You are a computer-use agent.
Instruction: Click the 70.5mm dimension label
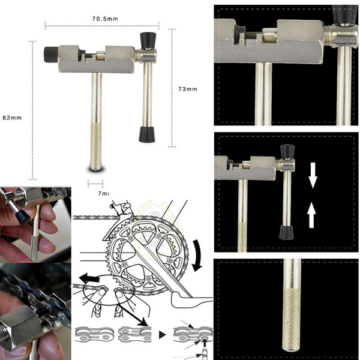click(x=104, y=19)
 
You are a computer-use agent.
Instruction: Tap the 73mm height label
click(x=187, y=89)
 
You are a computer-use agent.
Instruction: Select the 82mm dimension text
click(x=12, y=118)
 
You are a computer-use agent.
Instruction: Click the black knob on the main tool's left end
click(x=50, y=55)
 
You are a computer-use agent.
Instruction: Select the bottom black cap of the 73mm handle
click(x=146, y=134)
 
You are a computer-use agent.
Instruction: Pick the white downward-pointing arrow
click(x=313, y=175)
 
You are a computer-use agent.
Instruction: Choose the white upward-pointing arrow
click(x=311, y=215)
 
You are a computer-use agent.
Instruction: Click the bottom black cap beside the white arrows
click(x=287, y=232)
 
